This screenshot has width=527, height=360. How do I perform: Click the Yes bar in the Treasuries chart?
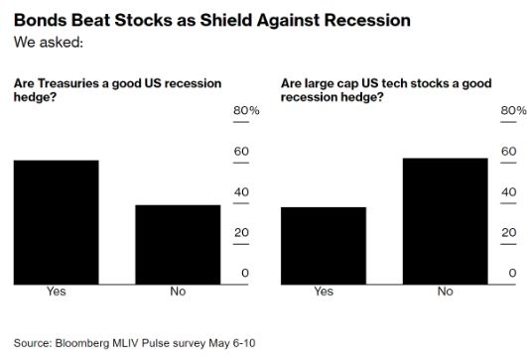(x=56, y=220)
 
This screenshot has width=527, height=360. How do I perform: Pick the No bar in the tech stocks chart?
(x=445, y=219)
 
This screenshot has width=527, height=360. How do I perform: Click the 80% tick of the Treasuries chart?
(x=246, y=111)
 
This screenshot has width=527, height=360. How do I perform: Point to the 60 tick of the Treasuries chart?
(x=240, y=152)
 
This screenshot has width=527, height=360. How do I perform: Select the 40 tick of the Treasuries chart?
(x=240, y=192)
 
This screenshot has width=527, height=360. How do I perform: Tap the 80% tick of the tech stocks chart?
(x=511, y=111)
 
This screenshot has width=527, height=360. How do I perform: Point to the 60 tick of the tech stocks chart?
(x=508, y=152)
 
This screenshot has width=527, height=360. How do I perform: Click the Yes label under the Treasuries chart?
(x=56, y=292)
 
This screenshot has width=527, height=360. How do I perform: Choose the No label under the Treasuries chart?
(x=178, y=292)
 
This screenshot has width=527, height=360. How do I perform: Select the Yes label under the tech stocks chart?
(x=324, y=292)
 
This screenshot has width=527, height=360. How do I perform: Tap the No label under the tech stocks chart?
(x=445, y=292)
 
